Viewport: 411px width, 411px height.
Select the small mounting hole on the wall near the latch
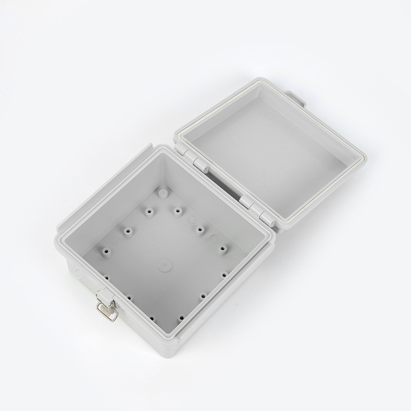pos(77,268)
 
